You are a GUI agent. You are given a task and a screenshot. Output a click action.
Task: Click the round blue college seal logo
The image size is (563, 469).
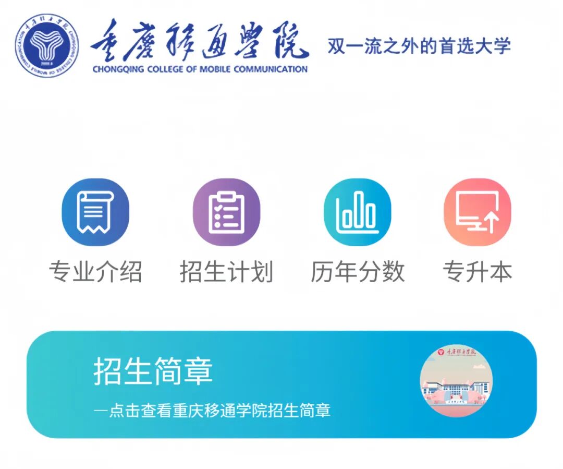[46, 46]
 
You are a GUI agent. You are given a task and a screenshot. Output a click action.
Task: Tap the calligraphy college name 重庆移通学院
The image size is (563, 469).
[200, 41]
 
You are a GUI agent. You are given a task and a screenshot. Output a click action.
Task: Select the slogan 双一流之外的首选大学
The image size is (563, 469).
[419, 46]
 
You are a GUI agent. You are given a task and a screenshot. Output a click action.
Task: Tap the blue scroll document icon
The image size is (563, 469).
[95, 212]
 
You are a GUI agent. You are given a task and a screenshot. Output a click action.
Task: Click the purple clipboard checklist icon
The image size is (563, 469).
[226, 212]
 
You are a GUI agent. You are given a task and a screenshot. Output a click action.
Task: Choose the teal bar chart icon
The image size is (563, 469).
[357, 212]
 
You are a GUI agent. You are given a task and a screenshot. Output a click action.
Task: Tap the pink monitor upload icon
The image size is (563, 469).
[478, 212]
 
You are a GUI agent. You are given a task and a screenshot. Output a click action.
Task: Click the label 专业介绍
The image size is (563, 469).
[95, 272]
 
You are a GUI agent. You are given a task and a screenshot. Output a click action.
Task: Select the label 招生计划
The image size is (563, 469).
[226, 272]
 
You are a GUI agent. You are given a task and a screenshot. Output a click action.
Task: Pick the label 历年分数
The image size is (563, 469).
[358, 272]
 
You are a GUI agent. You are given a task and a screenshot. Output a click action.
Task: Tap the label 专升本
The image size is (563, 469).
[478, 272]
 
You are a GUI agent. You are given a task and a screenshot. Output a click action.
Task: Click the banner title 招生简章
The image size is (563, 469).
[153, 371]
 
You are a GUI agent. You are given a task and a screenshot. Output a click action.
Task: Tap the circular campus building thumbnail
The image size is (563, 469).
[456, 380]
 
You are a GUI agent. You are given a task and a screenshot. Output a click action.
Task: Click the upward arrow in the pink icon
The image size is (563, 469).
[491, 223]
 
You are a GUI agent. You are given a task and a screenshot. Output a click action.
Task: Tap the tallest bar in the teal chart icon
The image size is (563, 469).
[358, 209]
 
